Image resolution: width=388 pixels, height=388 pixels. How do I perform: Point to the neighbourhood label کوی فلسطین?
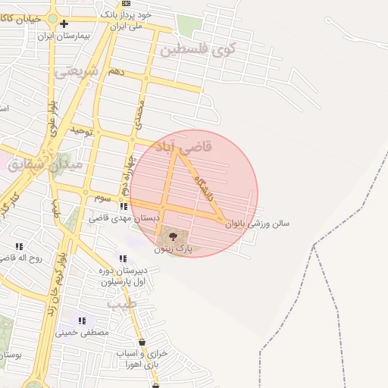198,50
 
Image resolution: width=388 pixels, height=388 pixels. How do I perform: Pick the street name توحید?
81,131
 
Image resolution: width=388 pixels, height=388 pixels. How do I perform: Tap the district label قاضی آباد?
183,145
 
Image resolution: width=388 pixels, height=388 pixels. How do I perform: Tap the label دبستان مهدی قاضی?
125,217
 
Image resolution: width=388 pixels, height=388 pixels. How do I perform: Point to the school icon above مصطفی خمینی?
82,321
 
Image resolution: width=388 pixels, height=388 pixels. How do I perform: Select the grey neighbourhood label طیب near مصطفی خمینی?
120,304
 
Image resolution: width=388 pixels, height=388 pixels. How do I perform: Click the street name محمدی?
139,113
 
